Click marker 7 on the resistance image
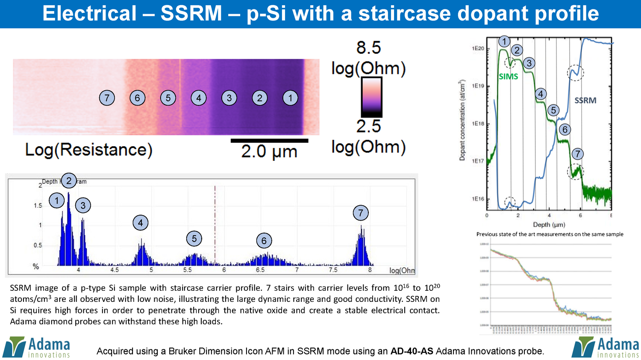[x=107, y=98]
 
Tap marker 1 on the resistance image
[x=290, y=98]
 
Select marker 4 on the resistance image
[x=199, y=98]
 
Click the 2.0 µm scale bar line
[x=269, y=140]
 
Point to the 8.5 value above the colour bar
[x=368, y=47]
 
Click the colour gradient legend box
[x=371, y=97]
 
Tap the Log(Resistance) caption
[x=88, y=150]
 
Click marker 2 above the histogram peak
[x=69, y=181]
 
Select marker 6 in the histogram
[x=264, y=241]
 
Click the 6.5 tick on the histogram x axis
[x=260, y=270]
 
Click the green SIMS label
[x=508, y=77]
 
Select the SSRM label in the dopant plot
[x=585, y=100]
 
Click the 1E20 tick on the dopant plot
[x=478, y=48]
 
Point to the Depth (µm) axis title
[x=549, y=224]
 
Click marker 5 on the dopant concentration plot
[x=553, y=110]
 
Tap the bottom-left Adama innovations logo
[x=36, y=347]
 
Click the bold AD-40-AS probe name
[x=412, y=351]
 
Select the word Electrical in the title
[x=89, y=14]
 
